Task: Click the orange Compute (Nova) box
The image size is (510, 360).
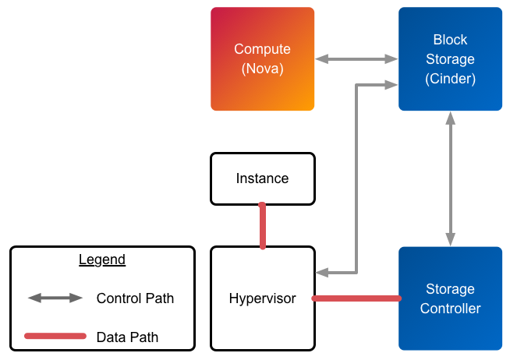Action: coord(262,58)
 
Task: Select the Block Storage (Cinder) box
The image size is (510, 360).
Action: coord(450,58)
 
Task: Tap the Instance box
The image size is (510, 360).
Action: coord(262,178)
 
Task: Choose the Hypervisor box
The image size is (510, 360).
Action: coord(262,298)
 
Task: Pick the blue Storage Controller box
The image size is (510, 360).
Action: coord(450,298)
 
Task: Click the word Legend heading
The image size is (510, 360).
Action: coord(102,259)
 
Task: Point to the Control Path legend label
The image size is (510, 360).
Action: coord(135,298)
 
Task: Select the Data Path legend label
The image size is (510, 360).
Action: coord(127,337)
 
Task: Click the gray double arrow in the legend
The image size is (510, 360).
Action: coord(55,298)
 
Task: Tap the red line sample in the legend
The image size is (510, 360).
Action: coord(55,337)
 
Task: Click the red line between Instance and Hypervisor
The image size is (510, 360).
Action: coord(263,226)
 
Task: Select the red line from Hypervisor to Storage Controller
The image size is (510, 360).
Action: coord(356,298)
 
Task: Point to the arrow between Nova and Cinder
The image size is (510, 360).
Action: coord(356,58)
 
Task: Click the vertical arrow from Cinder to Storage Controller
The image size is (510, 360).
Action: coord(450,179)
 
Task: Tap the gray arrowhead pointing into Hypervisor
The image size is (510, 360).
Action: coord(322,273)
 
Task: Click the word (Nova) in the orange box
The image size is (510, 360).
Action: coord(262,69)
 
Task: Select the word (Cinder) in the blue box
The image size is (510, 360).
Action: coord(450,79)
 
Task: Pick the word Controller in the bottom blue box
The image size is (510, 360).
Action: coord(450,309)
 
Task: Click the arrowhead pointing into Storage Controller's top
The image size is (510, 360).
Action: coord(450,240)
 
